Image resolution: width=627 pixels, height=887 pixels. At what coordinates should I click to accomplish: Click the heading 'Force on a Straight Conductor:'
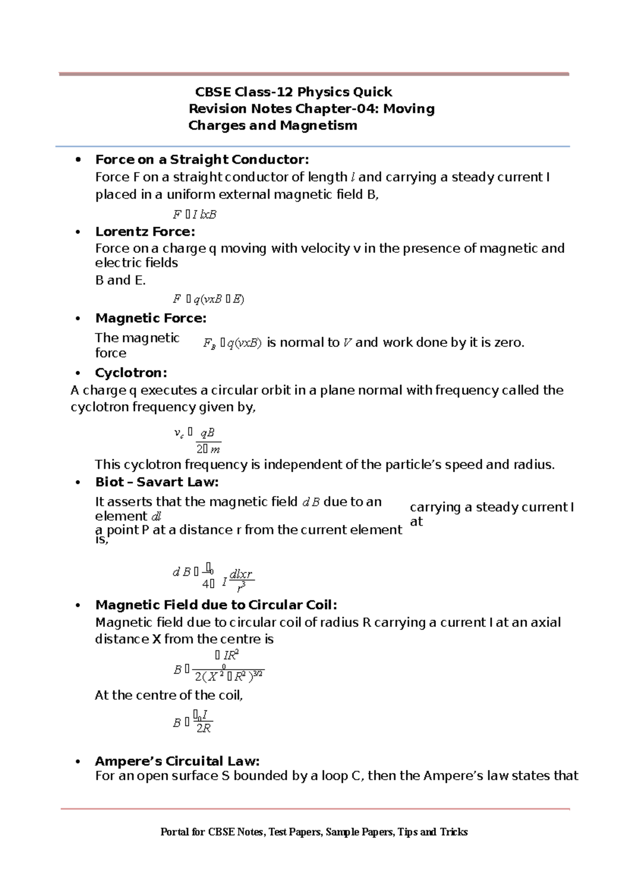coord(202,159)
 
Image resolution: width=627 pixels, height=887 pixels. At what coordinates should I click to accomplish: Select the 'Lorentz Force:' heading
coord(145,231)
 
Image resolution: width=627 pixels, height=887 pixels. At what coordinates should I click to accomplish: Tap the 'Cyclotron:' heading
coord(131,372)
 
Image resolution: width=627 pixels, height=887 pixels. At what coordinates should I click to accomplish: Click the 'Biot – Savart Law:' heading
coord(157,482)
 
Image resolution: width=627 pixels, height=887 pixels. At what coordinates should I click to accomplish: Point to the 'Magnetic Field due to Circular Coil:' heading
coord(216,604)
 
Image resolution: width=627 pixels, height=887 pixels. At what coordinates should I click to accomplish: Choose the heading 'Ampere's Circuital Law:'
coord(177,761)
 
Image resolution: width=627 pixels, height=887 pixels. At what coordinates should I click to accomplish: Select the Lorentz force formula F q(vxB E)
coord(208,299)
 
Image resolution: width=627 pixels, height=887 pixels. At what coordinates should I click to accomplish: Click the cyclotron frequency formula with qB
coord(199,440)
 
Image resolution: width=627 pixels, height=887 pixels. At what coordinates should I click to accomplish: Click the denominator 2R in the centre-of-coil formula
coord(203,728)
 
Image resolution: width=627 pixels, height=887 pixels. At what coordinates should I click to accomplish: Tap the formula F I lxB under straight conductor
coord(194,214)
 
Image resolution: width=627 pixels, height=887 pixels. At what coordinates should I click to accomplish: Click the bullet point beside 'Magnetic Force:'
coord(78,318)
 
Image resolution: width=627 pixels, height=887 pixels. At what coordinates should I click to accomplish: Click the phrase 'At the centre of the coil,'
coord(169,695)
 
